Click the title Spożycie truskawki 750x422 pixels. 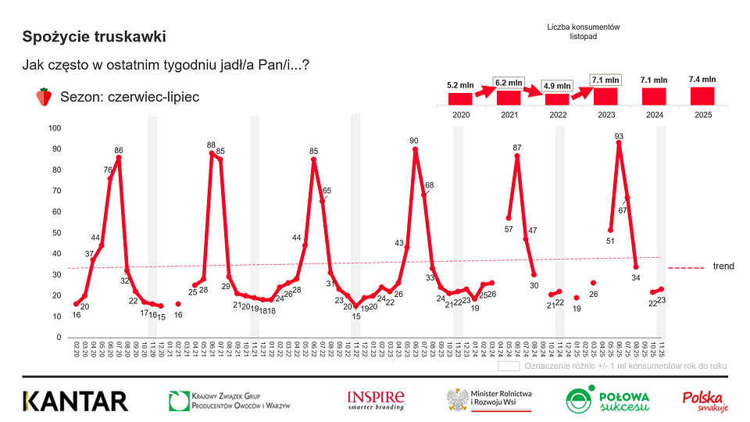(x=94, y=37)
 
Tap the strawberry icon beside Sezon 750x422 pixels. (x=45, y=97)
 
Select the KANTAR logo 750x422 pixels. (x=75, y=401)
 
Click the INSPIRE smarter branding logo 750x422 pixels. (x=376, y=400)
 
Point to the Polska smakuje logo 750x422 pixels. (x=705, y=400)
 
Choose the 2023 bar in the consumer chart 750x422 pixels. (x=605, y=96)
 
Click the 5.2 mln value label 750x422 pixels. (x=459, y=84)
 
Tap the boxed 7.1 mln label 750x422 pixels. (x=605, y=79)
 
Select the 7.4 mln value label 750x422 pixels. (x=702, y=79)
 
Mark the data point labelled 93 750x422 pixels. (x=619, y=143)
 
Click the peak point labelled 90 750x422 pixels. (x=415, y=149)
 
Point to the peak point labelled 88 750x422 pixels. (x=212, y=153)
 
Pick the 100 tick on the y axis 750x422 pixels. (x=55, y=128)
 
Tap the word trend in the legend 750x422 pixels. (x=723, y=266)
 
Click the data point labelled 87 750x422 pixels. (x=517, y=156)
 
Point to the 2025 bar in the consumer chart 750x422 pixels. (x=702, y=95)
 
